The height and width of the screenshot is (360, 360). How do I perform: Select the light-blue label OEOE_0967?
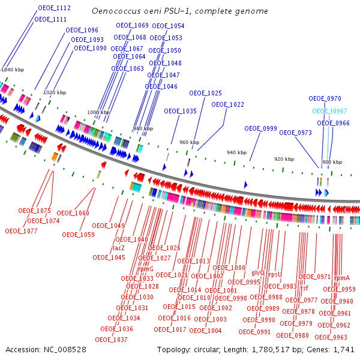(x=329, y=111)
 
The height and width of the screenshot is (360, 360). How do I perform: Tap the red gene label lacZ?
(x=119, y=248)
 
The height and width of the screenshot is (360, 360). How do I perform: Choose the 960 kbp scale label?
(x=189, y=142)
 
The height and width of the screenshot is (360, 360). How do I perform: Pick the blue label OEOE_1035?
(x=181, y=111)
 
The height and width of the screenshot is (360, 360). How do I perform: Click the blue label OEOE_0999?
(x=260, y=128)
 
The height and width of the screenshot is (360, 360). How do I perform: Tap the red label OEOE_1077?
(x=21, y=230)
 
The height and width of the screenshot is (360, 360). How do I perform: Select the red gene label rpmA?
(x=342, y=278)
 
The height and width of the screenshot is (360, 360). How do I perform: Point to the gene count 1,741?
(x=345, y=349)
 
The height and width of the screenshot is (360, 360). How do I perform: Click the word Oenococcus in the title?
(x=113, y=11)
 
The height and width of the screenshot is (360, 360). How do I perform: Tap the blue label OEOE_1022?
(x=228, y=104)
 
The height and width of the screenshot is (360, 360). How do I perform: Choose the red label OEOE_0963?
(x=331, y=337)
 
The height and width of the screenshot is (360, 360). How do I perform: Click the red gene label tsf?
(x=304, y=287)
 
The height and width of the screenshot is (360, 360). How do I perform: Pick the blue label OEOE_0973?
(x=295, y=133)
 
